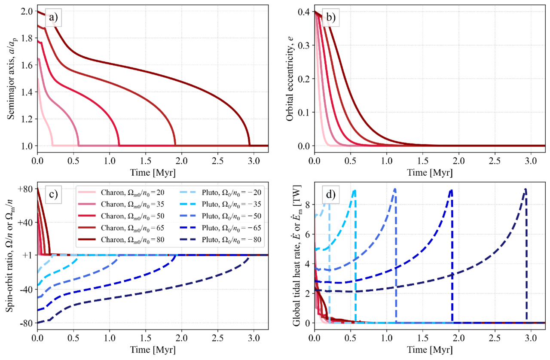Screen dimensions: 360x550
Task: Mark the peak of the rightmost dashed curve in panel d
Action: pyautogui.click(x=526, y=189)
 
